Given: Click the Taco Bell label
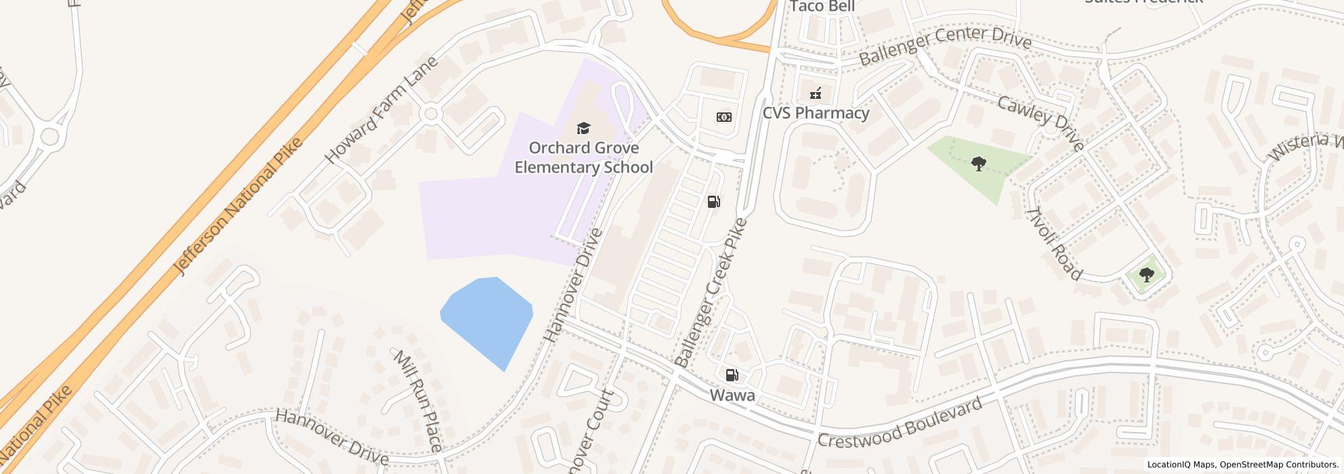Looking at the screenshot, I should pyautogui.click(x=822, y=6).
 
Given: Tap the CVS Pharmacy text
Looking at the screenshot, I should pyautogui.click(x=816, y=113).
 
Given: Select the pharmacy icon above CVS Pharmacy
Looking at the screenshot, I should pyautogui.click(x=816, y=93).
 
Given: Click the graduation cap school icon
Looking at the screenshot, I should pyautogui.click(x=583, y=128).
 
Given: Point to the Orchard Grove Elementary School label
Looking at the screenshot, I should pyautogui.click(x=583, y=158).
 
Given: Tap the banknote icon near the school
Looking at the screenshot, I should pyautogui.click(x=723, y=117).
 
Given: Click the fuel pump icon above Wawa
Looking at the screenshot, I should pyautogui.click(x=732, y=374).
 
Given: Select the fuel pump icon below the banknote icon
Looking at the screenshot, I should pyautogui.click(x=713, y=201).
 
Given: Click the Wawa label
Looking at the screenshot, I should pyautogui.click(x=732, y=395).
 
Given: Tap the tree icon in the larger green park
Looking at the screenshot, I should pyautogui.click(x=978, y=163).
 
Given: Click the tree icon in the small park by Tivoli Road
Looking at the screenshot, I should pyautogui.click(x=1146, y=274).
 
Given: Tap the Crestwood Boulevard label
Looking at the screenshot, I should pyautogui.click(x=900, y=423).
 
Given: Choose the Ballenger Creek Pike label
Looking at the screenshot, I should pyautogui.click(x=710, y=293).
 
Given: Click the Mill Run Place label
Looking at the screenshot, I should pyautogui.click(x=417, y=400).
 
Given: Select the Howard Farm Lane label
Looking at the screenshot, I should pyautogui.click(x=381, y=110).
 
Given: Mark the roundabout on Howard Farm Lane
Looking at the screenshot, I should pyautogui.click(x=430, y=113).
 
